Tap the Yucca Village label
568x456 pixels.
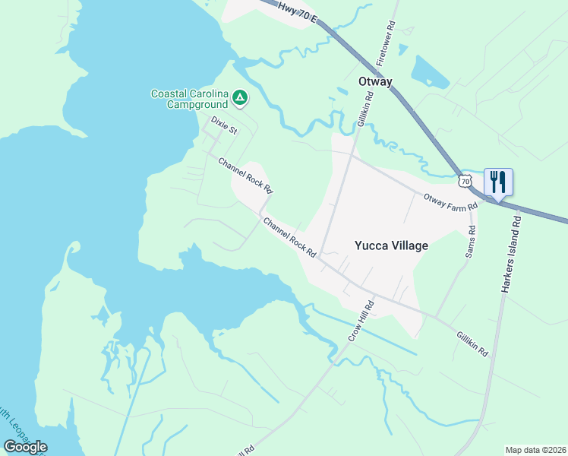click(x=392, y=245)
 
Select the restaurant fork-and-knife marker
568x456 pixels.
click(x=498, y=182)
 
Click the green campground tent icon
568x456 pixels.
click(x=239, y=97)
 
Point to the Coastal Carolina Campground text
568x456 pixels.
click(x=190, y=99)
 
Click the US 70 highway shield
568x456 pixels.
click(x=465, y=181)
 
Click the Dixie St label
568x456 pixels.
click(x=224, y=125)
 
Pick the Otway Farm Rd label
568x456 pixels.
click(x=450, y=202)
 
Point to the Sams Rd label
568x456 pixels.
click(x=471, y=241)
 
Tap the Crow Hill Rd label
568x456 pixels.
click(x=362, y=320)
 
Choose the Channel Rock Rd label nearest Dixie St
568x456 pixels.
click(x=245, y=176)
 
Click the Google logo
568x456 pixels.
click(x=25, y=446)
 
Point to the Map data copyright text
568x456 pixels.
click(x=535, y=450)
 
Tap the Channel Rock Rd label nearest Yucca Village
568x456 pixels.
click(x=289, y=237)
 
